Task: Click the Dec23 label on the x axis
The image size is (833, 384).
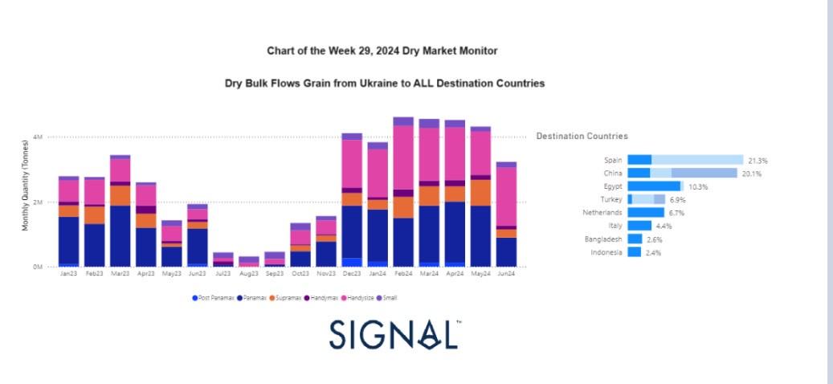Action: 351,274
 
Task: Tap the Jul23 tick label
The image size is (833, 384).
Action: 223,274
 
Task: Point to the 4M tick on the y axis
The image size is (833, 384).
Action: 39,137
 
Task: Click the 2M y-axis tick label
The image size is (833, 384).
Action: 39,202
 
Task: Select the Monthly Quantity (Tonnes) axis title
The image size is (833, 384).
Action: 25,184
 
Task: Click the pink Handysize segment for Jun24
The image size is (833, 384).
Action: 506,196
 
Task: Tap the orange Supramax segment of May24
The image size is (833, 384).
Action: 480,192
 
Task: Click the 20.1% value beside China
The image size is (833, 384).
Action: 750,173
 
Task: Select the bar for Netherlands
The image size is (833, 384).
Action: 645,212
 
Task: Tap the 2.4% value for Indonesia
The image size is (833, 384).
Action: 654,251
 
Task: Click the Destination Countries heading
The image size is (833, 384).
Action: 582,137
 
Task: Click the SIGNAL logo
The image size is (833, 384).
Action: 394,334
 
